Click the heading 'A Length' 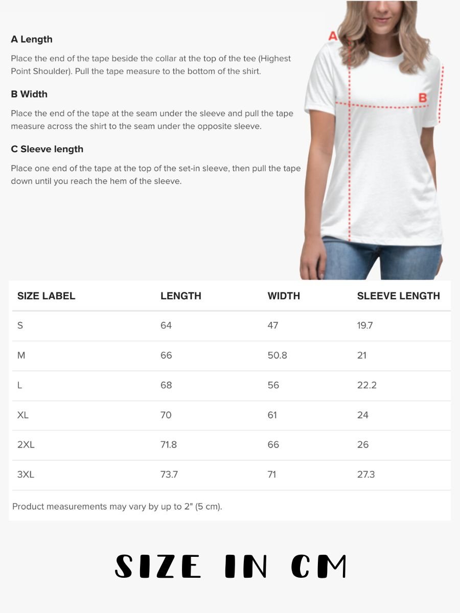click(32, 39)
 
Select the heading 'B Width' click(29, 94)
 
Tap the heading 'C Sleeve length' click(47, 149)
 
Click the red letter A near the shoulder click(333, 36)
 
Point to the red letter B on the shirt click(423, 98)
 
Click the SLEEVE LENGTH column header click(398, 296)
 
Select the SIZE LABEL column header click(46, 296)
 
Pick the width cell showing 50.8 click(277, 355)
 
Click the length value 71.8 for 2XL click(169, 444)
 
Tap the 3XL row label click(26, 475)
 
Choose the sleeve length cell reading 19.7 click(365, 325)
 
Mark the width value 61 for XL click(272, 415)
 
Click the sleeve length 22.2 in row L click(366, 385)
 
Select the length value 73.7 click(169, 475)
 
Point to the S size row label click(20, 325)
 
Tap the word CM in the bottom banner click(319, 566)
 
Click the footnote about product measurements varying click(117, 507)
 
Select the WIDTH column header click(284, 296)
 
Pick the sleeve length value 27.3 click(365, 475)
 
